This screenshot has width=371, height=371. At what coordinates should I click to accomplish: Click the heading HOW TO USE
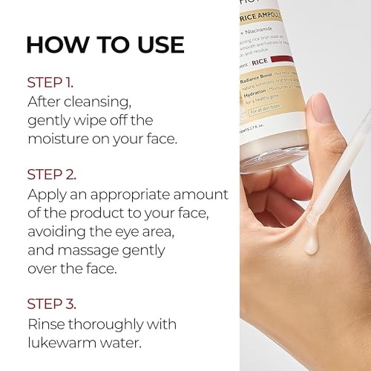click(105, 44)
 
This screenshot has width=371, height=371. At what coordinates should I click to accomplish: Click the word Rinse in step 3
click(48, 324)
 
